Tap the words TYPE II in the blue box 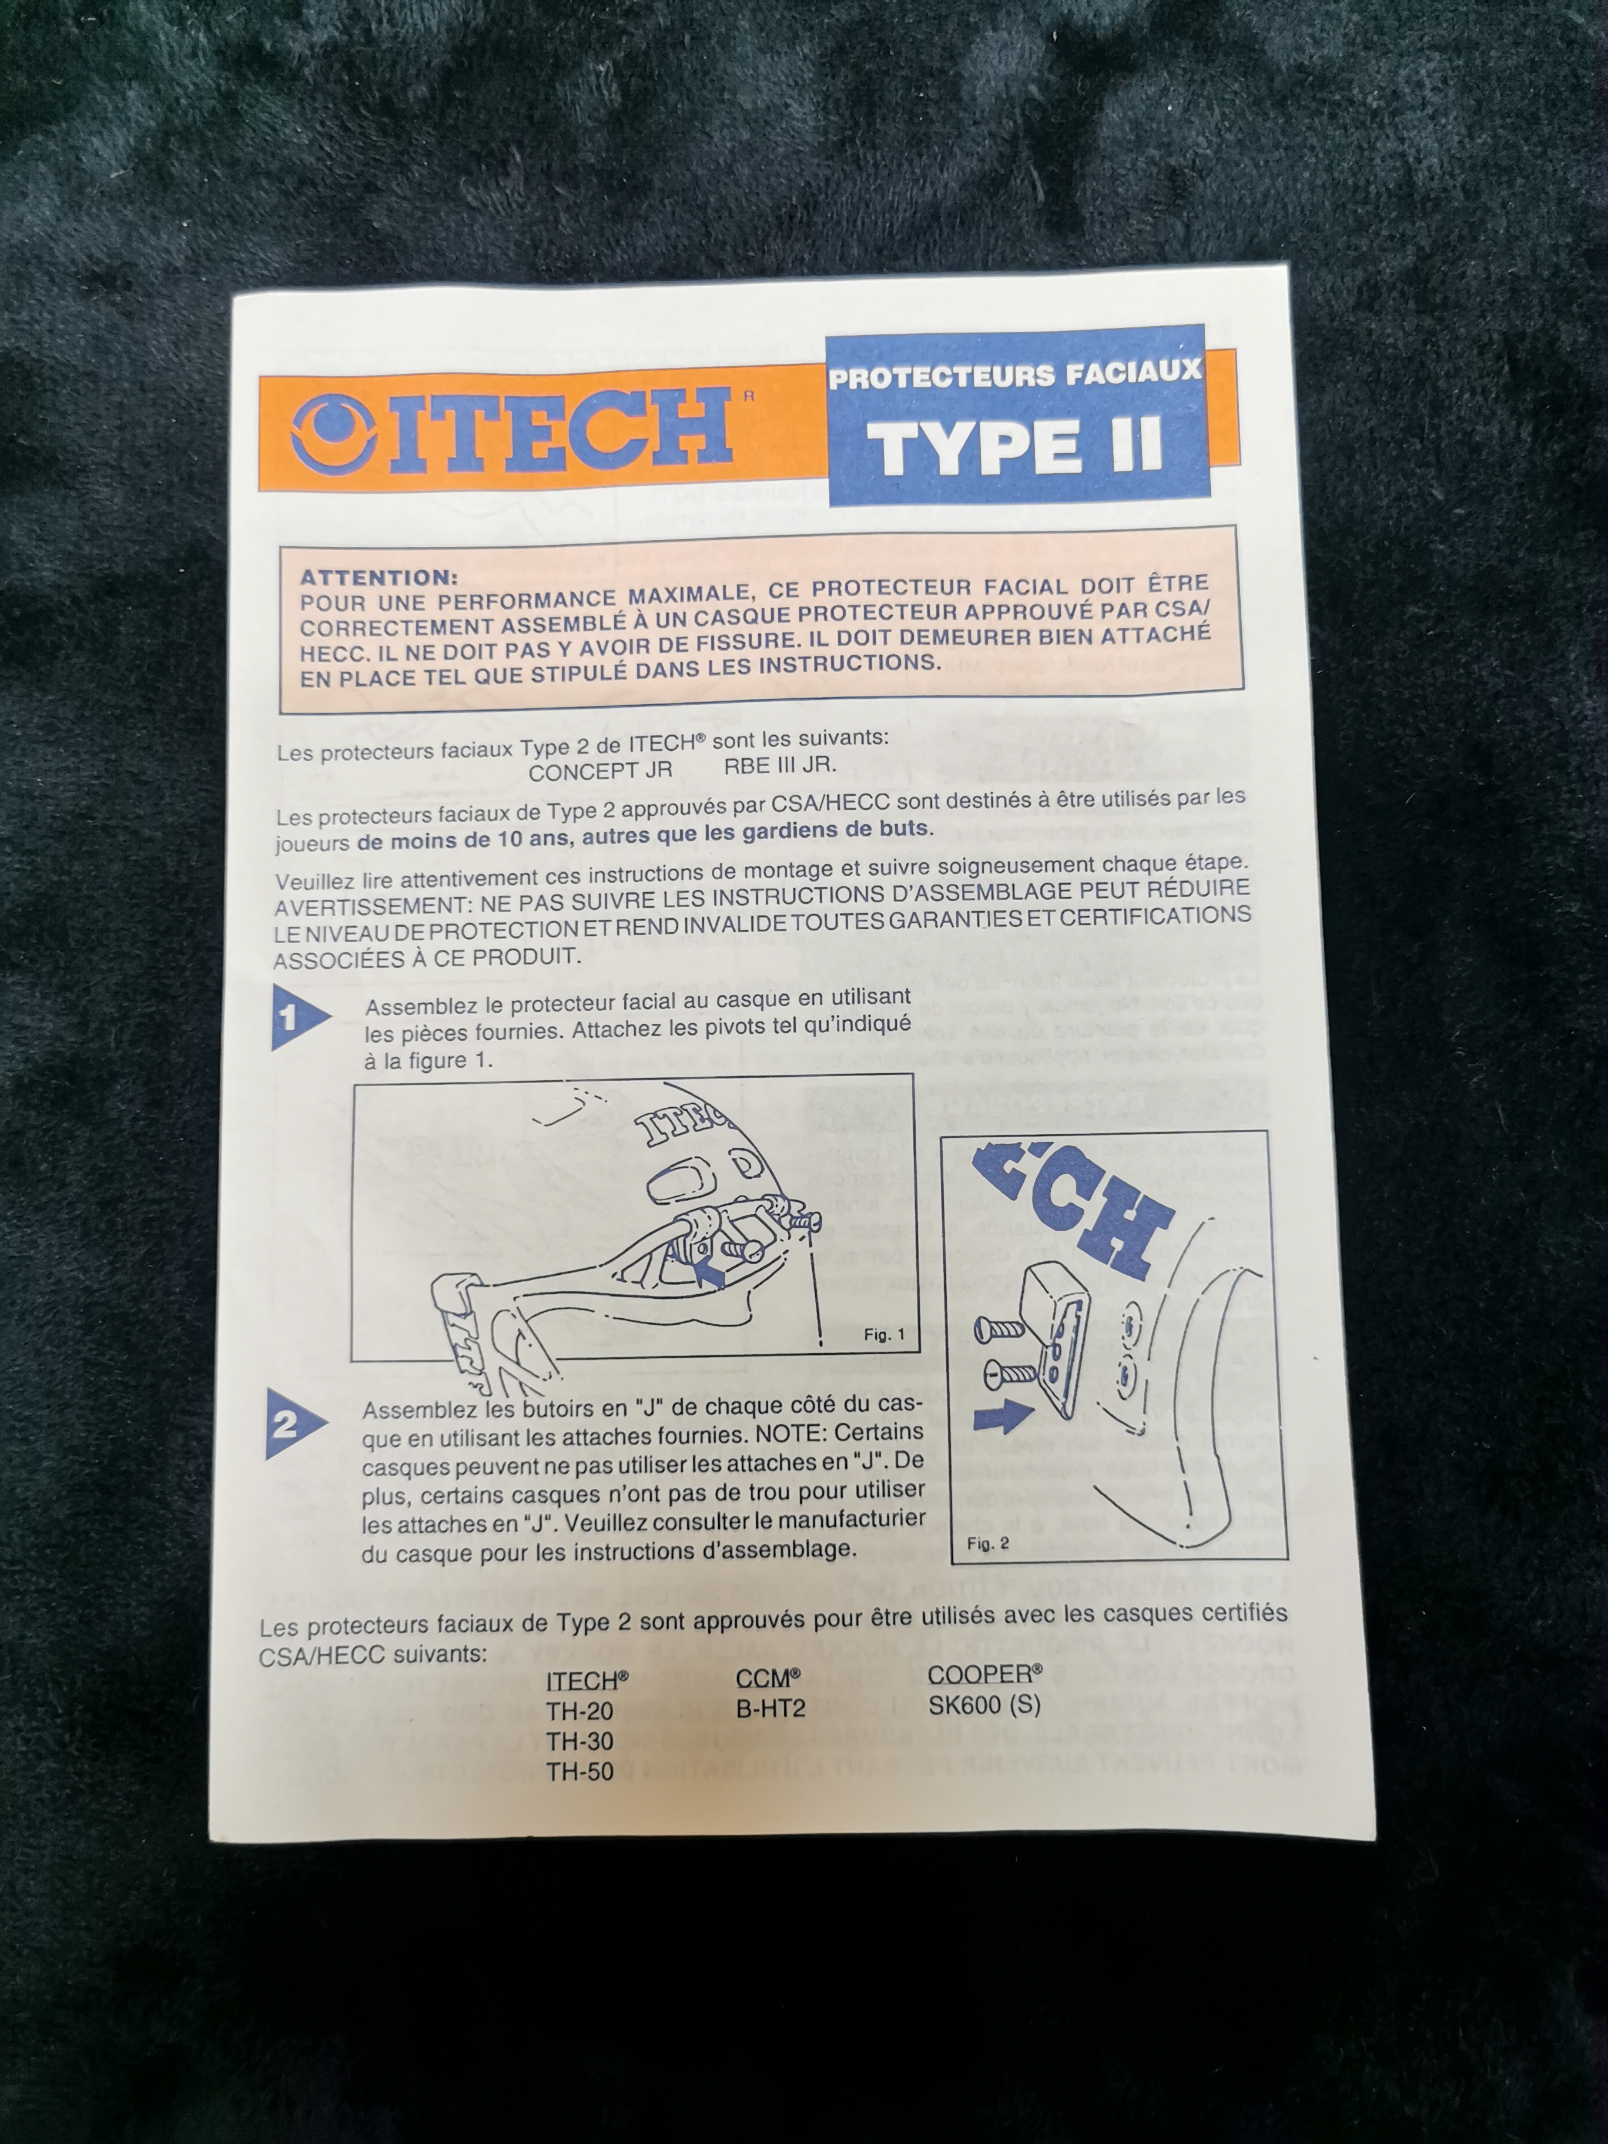point(1016,447)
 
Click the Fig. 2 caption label point(989,1543)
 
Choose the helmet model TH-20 point(579,1711)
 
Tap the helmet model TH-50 point(579,1772)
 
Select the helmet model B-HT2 point(771,1708)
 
